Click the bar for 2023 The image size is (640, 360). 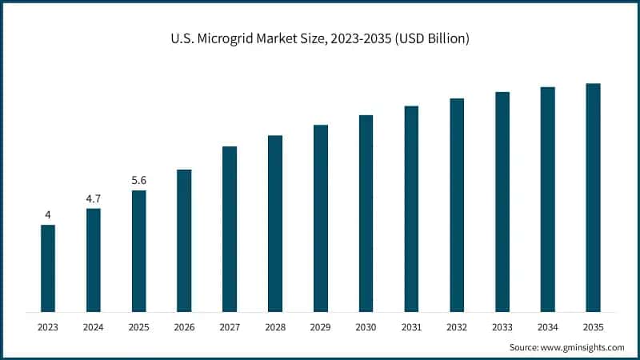48,268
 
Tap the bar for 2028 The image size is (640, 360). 275,223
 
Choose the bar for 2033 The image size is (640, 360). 502,202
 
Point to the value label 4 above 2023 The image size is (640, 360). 48,214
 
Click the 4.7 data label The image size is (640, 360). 94,198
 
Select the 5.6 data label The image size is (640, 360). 139,180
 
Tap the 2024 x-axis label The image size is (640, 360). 94,327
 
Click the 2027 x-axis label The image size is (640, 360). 230,327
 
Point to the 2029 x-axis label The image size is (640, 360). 321,327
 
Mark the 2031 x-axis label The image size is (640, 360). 411,327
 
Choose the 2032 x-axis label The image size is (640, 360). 457,327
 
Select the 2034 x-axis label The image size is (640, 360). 547,327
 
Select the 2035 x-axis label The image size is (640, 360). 593,327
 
